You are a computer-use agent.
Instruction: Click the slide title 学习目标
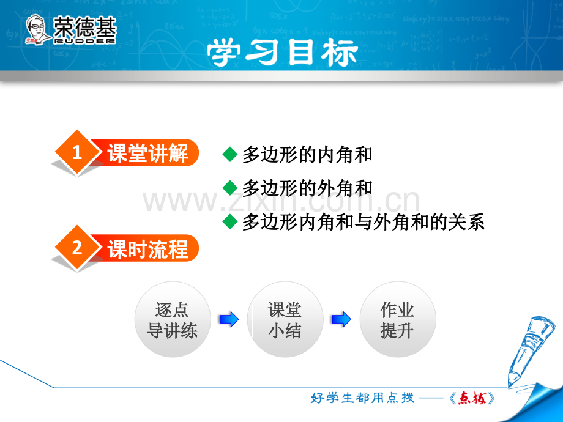point(282,53)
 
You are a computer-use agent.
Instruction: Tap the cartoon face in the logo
point(37,29)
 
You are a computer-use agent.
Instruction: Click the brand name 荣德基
point(84,27)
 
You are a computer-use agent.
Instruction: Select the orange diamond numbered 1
point(77,152)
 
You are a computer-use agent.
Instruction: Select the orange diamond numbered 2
point(77,248)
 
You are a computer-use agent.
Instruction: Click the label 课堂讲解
point(147,153)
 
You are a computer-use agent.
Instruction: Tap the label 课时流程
point(147,248)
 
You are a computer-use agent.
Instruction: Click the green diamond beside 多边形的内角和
point(230,155)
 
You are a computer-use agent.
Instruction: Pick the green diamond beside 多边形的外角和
point(230,188)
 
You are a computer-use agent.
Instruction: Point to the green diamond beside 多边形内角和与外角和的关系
point(230,221)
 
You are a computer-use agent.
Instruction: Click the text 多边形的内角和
point(307,155)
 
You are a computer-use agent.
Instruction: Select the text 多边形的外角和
point(307,188)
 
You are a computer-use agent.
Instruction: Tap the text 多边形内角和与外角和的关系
point(364,221)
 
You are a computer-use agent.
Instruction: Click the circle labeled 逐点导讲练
point(173,319)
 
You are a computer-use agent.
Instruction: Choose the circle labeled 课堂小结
point(285,319)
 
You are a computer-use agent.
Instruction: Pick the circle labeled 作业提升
point(398,319)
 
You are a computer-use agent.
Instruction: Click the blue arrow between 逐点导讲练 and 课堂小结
point(229,319)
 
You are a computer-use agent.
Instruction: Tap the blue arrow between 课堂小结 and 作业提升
point(341,319)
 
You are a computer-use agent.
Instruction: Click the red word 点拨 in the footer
point(472,398)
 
